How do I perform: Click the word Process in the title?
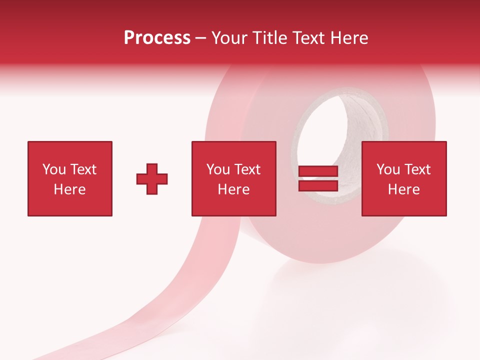pos(157,37)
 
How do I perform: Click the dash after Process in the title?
pos(201,38)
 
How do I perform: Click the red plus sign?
pos(152,178)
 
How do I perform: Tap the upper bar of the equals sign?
pos(318,171)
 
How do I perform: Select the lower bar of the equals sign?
pos(318,185)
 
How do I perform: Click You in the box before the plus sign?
pos(53,169)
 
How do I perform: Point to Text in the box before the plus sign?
pos(82,169)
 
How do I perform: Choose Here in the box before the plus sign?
pos(69,189)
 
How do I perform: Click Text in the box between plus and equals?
pos(246,169)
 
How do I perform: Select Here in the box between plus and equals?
pos(233,189)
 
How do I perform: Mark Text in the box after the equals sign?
pos(416,169)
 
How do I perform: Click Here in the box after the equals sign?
pos(403,189)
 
